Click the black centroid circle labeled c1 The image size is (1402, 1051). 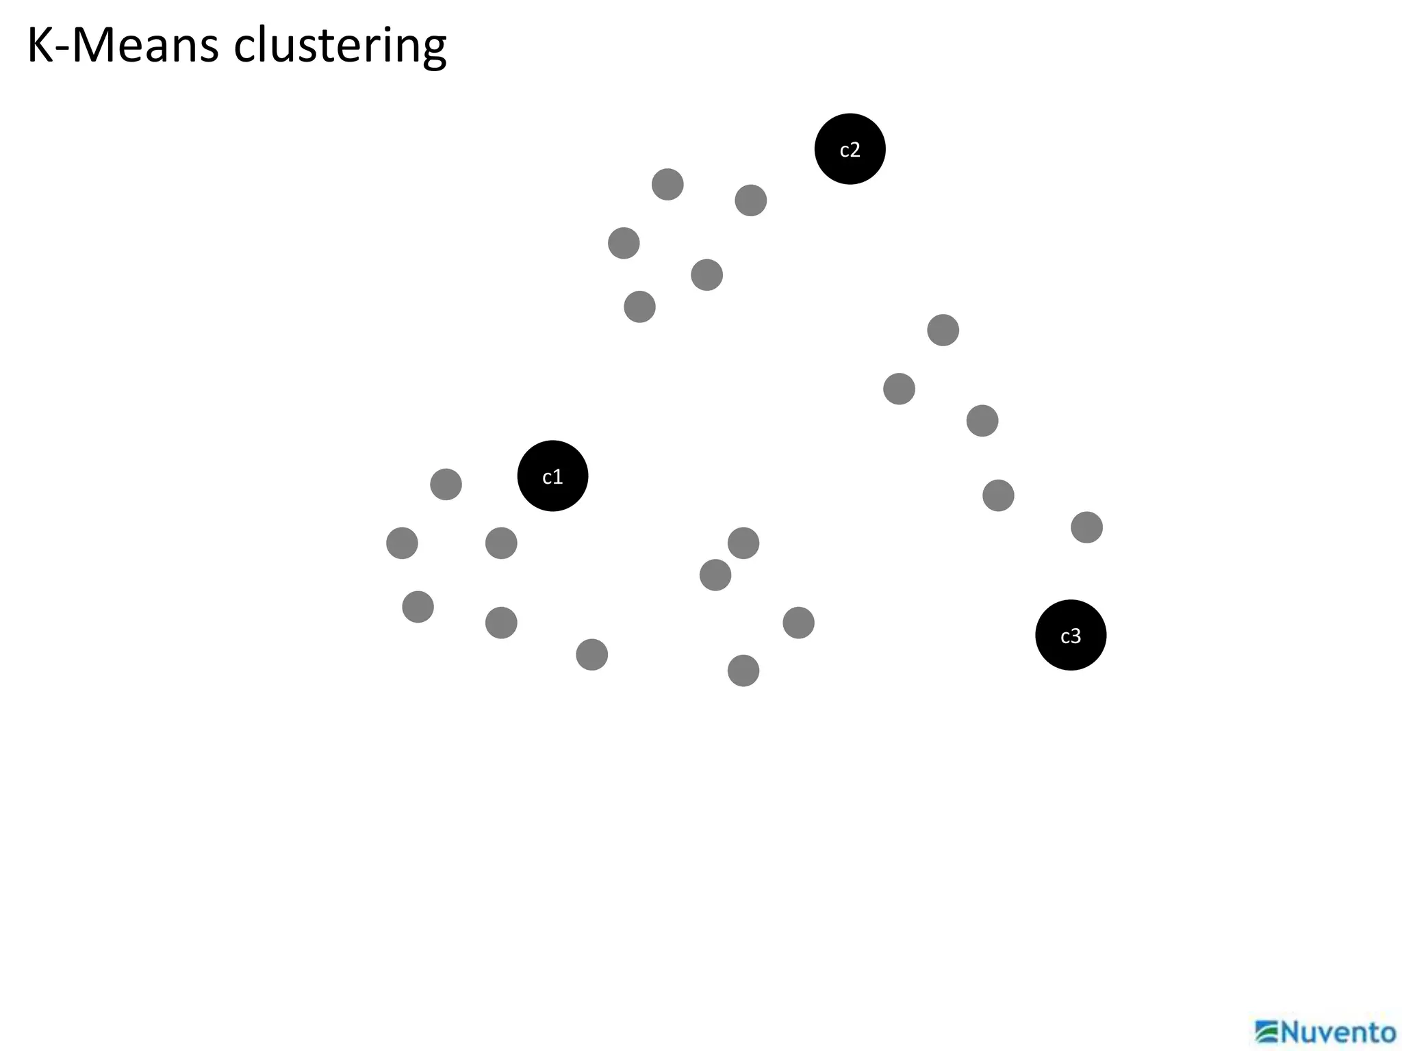pyautogui.click(x=552, y=476)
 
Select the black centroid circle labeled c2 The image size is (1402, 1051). pyautogui.click(x=850, y=149)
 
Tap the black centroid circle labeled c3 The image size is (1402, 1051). pyautogui.click(x=1071, y=635)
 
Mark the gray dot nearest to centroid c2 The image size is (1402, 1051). pyautogui.click(x=750, y=200)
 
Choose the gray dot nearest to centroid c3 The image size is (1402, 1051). pyautogui.click(x=1086, y=528)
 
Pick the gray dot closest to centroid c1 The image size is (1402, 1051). pyautogui.click(x=501, y=543)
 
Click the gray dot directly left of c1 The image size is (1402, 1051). pyautogui.click(x=446, y=484)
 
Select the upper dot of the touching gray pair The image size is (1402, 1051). pyautogui.click(x=743, y=543)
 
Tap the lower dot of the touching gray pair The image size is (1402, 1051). pyautogui.click(x=715, y=575)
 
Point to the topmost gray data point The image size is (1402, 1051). pyautogui.click(x=667, y=185)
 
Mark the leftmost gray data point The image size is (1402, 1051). pyautogui.click(x=402, y=543)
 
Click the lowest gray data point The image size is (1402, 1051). pyautogui.click(x=743, y=671)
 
